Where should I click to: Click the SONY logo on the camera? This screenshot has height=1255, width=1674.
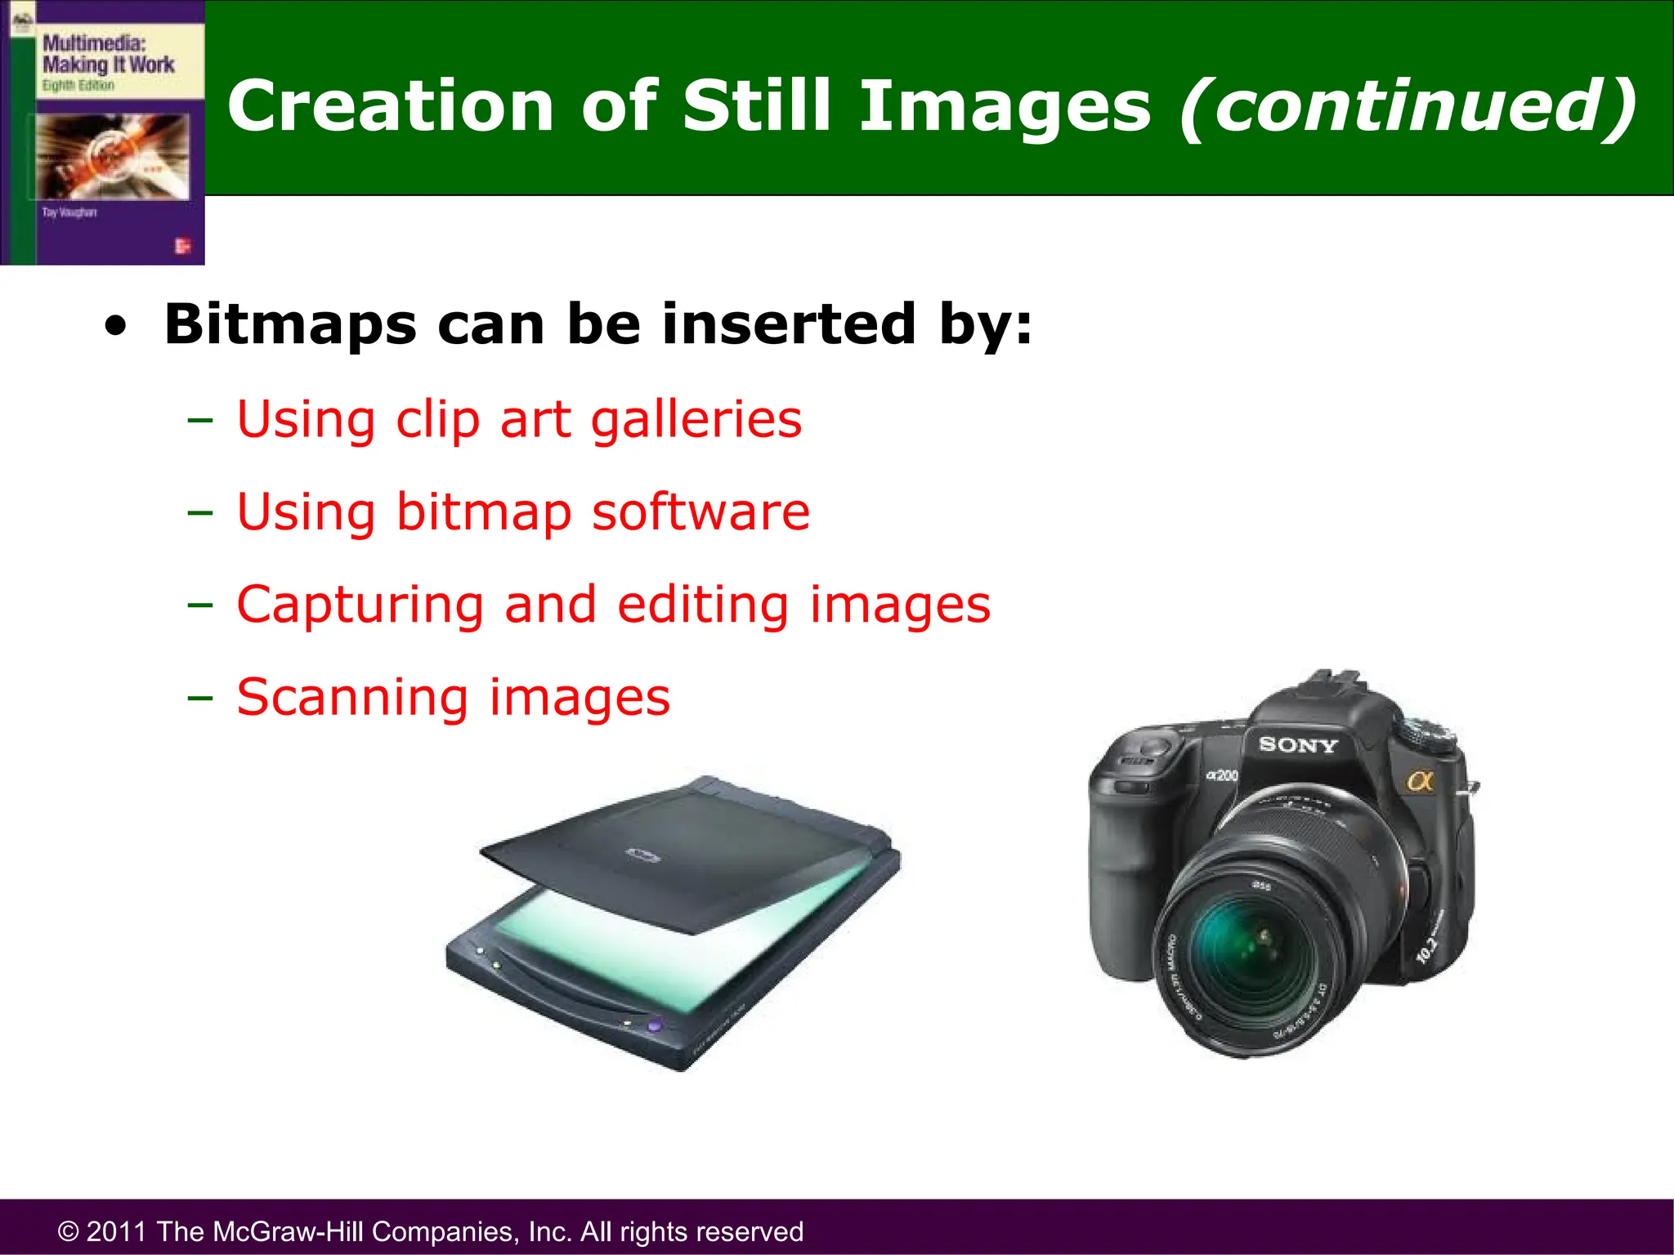click(1297, 745)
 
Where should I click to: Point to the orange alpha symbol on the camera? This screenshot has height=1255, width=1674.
click(1421, 782)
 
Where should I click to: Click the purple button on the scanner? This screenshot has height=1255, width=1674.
click(654, 1025)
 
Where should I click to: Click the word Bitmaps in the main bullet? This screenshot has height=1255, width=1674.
click(290, 325)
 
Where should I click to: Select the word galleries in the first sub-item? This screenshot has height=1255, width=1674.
click(696, 420)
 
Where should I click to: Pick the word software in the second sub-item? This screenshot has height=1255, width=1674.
click(700, 512)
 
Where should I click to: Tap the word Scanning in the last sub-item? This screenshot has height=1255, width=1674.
click(352, 698)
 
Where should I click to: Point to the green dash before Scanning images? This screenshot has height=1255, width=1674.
click(199, 699)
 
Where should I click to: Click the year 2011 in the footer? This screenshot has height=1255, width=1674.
click(117, 1231)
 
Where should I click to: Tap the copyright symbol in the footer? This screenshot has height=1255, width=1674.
click(69, 1232)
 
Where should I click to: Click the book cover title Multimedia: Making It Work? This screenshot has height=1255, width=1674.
click(108, 54)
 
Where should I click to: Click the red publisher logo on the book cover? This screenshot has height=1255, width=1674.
click(182, 245)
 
